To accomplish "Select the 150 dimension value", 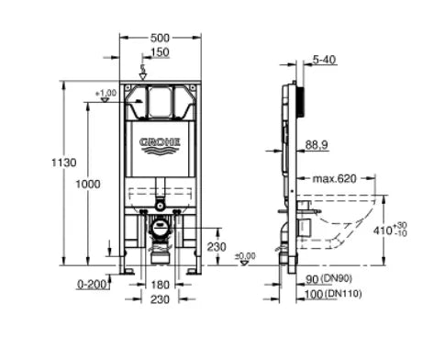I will tap(161, 52).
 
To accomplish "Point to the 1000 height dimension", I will tap(88, 185).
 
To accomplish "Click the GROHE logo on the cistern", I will tap(160, 142).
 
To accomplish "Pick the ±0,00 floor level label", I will tap(245, 255).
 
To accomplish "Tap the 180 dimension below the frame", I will tap(161, 284).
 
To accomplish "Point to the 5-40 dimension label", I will tap(324, 60).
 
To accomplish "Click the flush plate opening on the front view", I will tap(161, 104).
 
